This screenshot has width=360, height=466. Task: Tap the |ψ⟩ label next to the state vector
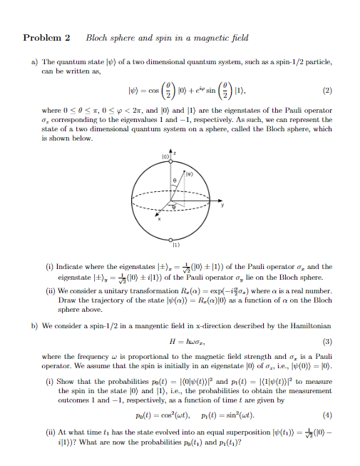point(190,172)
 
